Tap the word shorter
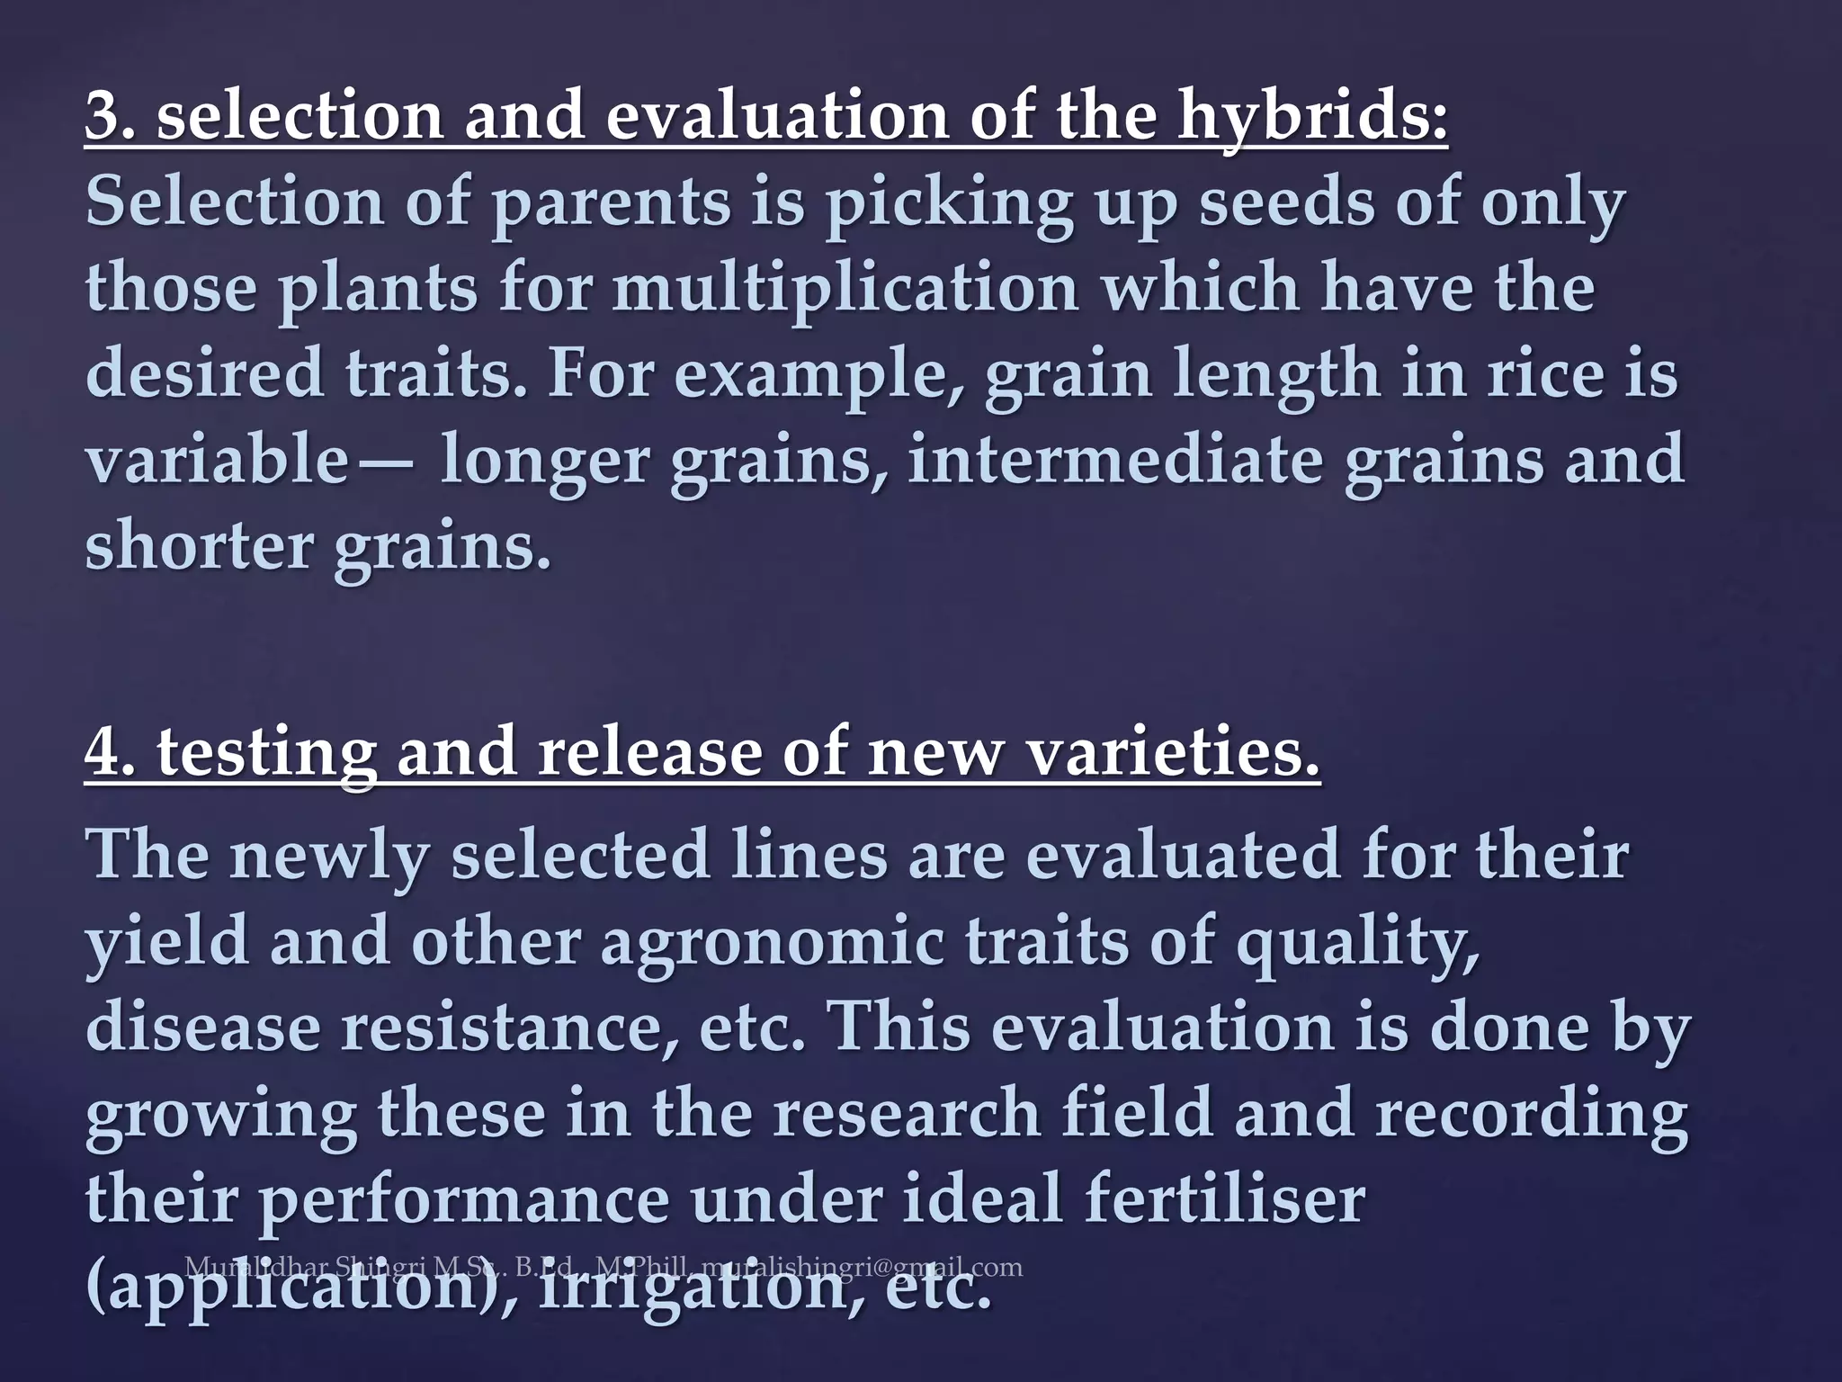click(x=198, y=545)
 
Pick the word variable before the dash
click(x=216, y=459)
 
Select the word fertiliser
click(x=1224, y=1198)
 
